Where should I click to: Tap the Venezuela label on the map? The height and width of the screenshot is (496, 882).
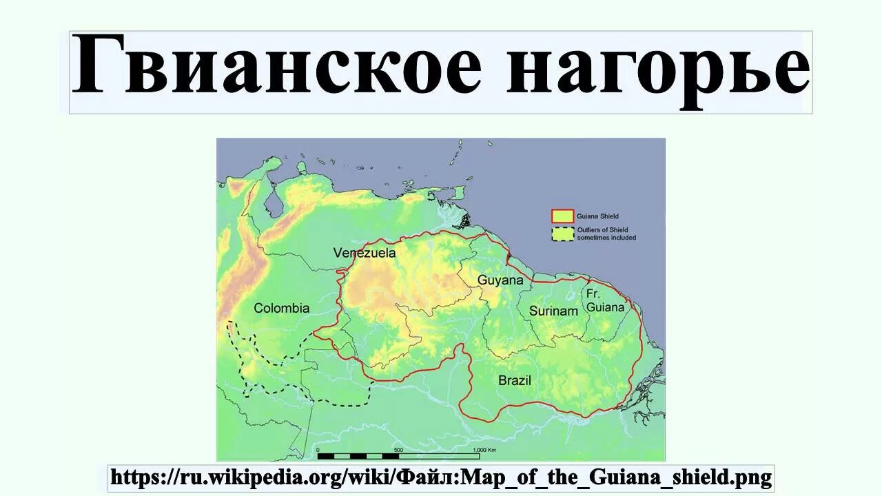[365, 253]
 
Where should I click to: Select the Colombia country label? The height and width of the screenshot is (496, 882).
[282, 308]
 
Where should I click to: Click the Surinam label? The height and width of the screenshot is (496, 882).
[553, 311]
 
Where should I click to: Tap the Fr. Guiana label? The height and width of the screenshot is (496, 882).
[604, 300]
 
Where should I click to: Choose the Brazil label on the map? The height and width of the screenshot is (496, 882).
[515, 380]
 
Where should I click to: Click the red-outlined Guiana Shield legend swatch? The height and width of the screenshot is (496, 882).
[562, 216]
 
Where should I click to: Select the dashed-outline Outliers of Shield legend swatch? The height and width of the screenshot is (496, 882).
[562, 234]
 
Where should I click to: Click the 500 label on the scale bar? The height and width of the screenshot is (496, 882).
[398, 450]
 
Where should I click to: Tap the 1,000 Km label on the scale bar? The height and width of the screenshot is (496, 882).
[486, 450]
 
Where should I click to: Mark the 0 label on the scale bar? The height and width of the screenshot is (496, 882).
[318, 450]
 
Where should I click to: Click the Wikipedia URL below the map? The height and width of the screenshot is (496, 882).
[441, 477]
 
